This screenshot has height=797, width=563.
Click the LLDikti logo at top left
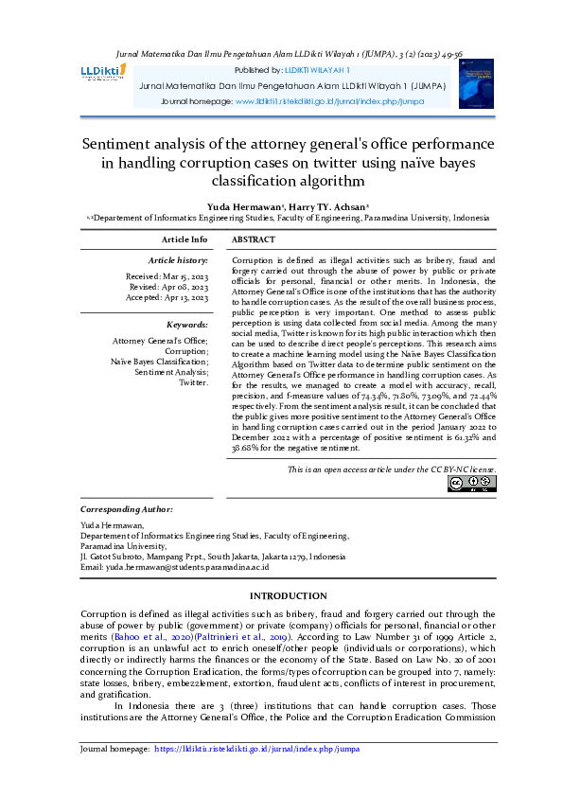point(105,73)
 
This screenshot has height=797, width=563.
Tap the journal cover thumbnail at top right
point(475,83)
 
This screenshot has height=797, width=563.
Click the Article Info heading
point(185,240)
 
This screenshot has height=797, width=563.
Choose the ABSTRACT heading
point(254,240)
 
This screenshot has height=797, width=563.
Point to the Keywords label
point(187,324)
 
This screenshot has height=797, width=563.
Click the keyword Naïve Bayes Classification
point(159,362)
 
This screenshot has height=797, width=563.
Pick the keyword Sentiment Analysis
point(170,373)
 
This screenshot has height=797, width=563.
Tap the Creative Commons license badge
point(471,484)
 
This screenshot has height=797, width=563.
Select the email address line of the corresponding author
point(174,566)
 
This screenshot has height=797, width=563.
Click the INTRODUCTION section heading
point(288,595)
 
